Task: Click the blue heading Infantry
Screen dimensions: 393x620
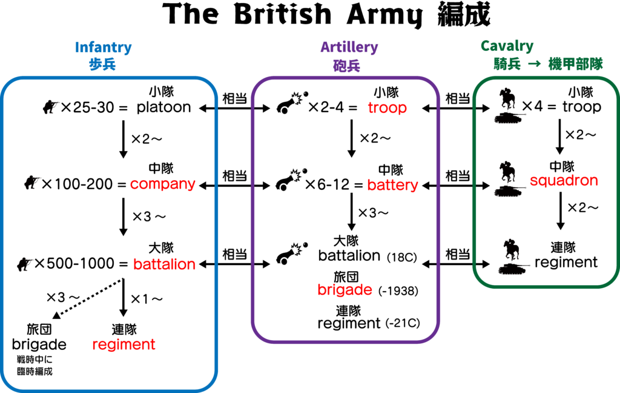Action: [103, 47]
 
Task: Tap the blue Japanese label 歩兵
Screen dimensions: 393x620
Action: [102, 64]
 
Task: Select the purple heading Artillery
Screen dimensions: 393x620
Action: [349, 47]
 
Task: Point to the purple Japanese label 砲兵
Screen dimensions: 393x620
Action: [346, 65]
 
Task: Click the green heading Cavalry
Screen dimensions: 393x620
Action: [507, 46]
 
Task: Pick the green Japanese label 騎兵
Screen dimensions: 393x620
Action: [507, 64]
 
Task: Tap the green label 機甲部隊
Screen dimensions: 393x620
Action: [575, 64]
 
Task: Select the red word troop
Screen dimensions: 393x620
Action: [387, 108]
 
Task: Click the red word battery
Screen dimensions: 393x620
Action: [392, 185]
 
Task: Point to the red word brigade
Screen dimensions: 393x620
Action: [345, 290]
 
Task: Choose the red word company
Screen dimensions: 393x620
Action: [162, 184]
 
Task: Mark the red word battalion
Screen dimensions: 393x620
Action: [164, 264]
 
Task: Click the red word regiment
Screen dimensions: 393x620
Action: [124, 344]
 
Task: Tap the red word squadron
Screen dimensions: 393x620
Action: [564, 181]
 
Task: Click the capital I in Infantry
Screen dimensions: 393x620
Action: [77, 47]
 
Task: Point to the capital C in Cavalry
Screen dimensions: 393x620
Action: [486, 46]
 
